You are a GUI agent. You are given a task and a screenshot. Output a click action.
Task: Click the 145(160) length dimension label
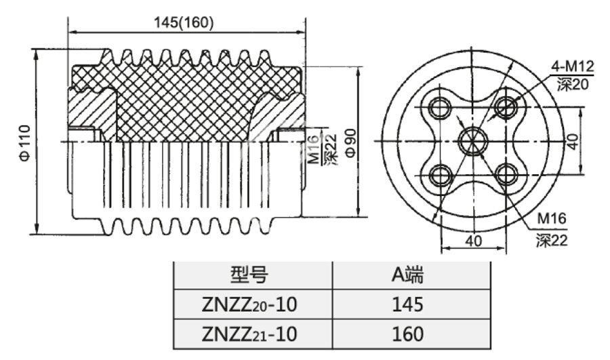(x=184, y=22)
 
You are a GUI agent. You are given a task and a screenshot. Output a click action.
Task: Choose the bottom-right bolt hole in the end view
(x=506, y=174)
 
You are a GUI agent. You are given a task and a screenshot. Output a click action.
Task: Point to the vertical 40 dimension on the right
(x=573, y=141)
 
